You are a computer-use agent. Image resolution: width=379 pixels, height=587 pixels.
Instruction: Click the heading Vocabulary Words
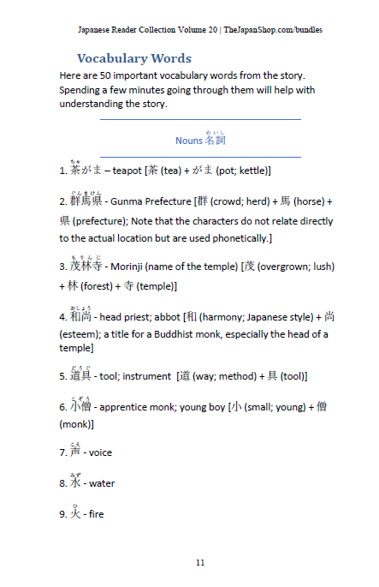coord(134,58)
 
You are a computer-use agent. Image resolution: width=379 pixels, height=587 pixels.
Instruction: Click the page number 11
coord(199,562)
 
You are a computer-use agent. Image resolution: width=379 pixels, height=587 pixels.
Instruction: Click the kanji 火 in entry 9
coord(75,514)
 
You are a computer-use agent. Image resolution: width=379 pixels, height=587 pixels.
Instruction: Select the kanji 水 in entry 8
coord(75,482)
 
